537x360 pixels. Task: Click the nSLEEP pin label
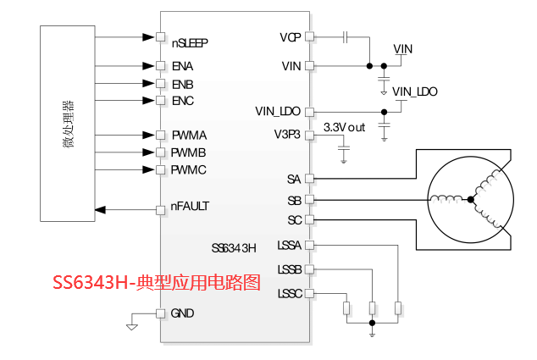click(190, 43)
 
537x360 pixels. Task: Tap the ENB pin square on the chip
click(160, 84)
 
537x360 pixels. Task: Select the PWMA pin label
click(189, 136)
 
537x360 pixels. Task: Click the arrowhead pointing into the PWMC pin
click(148, 169)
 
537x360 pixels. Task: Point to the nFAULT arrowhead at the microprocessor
click(100, 209)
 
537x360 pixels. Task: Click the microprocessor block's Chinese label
click(68, 124)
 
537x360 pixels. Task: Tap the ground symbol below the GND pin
click(132, 327)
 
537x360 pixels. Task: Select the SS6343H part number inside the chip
click(234, 247)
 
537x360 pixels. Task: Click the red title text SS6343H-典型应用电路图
click(157, 282)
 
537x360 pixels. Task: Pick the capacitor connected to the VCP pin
click(346, 36)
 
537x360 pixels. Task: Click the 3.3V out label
click(344, 127)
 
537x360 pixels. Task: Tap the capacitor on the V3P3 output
click(344, 148)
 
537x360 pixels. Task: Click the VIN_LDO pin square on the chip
click(309, 112)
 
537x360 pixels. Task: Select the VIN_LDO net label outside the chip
click(415, 91)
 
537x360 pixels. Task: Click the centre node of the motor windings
click(471, 199)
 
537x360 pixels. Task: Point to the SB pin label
click(294, 201)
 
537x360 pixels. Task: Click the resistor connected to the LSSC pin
click(346, 308)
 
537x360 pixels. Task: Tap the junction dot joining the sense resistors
click(373, 323)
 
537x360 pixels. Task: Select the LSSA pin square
click(309, 245)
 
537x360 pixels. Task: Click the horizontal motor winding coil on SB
click(446, 198)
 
